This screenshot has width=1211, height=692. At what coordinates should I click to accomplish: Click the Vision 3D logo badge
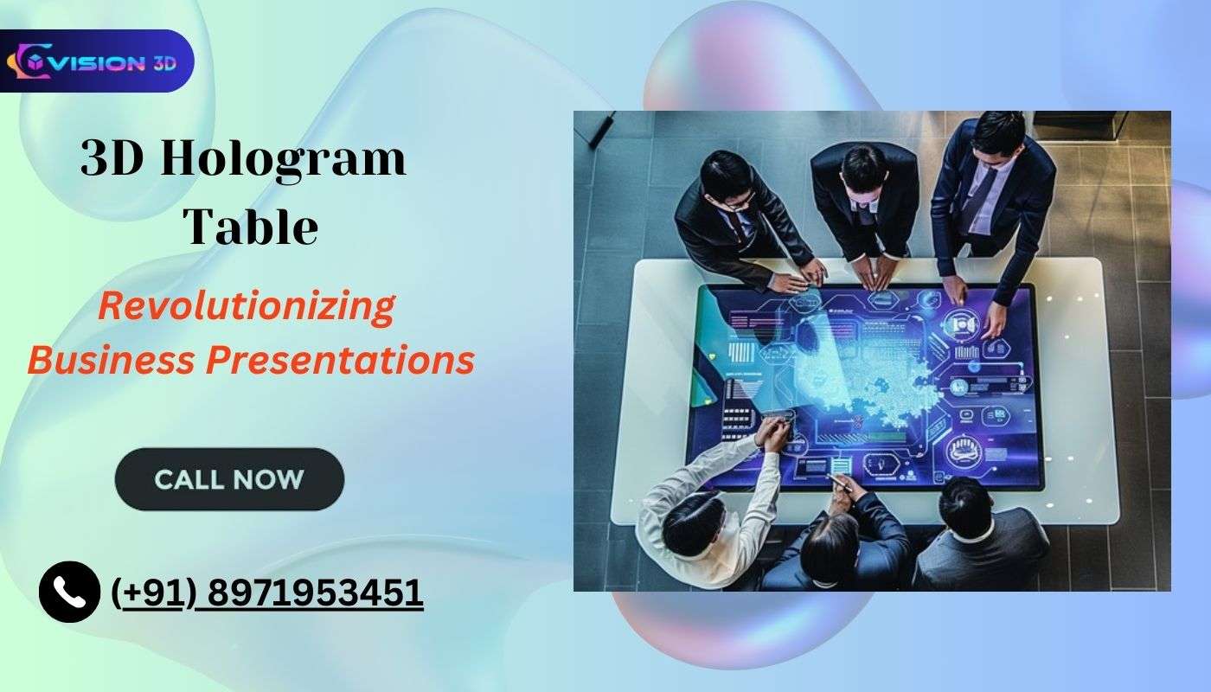96,61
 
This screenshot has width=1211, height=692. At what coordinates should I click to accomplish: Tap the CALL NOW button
229,478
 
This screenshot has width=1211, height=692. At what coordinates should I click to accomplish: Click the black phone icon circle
69,592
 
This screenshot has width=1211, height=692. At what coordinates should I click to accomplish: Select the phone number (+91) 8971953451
268,593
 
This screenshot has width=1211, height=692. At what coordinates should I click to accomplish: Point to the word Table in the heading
252,227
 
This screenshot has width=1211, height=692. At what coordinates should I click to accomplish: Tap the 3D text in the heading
113,161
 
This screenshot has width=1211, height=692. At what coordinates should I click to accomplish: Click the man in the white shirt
701,510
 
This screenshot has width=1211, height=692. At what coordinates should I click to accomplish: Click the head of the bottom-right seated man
967,505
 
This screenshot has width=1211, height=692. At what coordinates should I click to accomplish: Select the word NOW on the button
267,478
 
